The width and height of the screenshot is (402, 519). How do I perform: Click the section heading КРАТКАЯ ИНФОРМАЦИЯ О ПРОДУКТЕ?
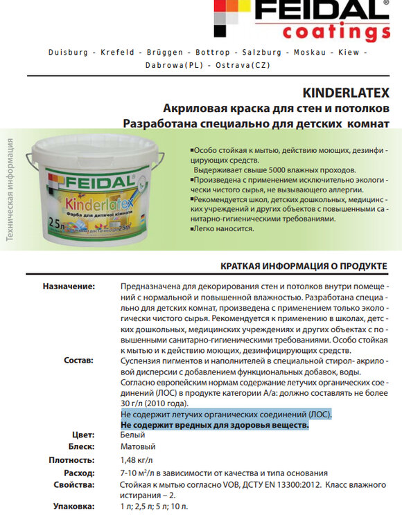pyautogui.click(x=304, y=266)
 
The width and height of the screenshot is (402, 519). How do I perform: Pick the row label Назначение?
pyautogui.click(x=69, y=286)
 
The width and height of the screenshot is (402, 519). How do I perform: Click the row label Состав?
pyautogui.click(x=78, y=361)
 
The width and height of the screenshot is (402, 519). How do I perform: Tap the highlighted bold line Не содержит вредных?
pyautogui.click(x=215, y=424)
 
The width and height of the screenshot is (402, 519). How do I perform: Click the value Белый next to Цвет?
pyautogui.click(x=132, y=435)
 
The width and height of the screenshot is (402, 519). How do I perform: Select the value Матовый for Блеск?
pyautogui.click(x=138, y=447)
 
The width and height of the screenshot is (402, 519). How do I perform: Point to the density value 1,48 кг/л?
pyautogui.click(x=138, y=459)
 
